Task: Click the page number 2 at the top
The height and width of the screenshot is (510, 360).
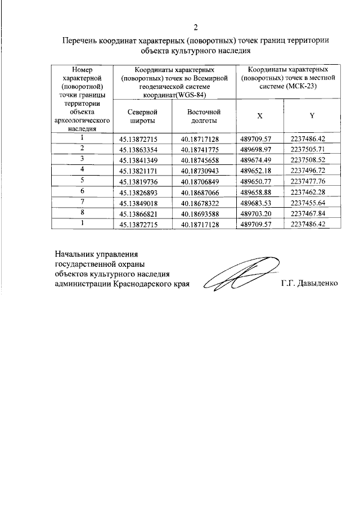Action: tap(195, 27)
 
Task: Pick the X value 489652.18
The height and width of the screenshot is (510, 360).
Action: tap(256, 170)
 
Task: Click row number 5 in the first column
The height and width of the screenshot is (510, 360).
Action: tap(82, 180)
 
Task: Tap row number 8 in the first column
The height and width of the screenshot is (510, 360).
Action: tap(82, 213)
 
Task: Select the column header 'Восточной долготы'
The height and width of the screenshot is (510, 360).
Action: tap(202, 116)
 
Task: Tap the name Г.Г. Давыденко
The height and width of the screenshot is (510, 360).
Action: tap(309, 284)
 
